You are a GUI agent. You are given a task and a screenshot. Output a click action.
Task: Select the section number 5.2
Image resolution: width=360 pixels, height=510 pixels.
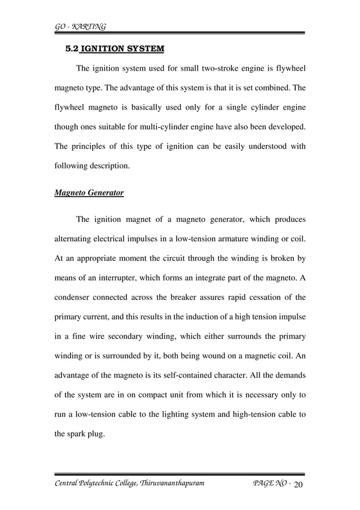(73, 49)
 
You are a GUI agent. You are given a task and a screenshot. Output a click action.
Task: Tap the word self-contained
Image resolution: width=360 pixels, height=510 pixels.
(208, 375)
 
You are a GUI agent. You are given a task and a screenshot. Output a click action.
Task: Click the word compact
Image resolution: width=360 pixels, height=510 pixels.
(186, 394)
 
